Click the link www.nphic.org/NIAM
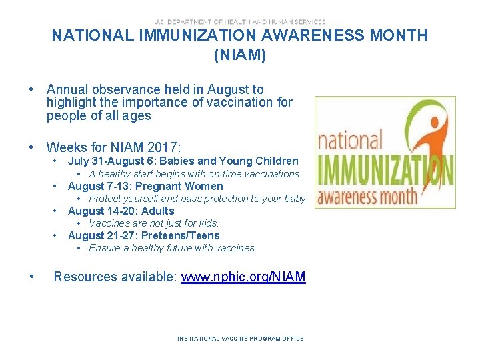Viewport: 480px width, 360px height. click(243, 277)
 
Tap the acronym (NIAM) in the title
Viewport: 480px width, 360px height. click(240, 55)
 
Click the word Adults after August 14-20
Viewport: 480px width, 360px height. click(157, 211)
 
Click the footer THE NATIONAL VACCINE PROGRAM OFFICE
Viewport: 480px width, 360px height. click(240, 339)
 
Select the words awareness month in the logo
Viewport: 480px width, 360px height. click(367, 196)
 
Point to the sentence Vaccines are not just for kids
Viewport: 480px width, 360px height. click(153, 223)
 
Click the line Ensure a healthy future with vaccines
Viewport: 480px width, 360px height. click(172, 248)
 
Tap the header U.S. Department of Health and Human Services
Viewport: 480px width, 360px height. click(240, 21)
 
